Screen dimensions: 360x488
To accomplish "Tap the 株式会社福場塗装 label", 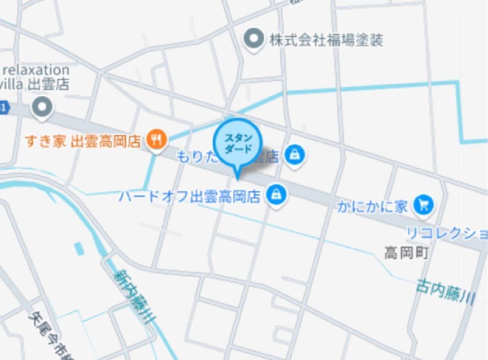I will click(x=326, y=40).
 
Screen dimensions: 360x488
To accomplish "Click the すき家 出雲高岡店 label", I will click(x=83, y=142).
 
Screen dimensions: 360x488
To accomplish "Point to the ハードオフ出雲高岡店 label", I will click(x=190, y=197).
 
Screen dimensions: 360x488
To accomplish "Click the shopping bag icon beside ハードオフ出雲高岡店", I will click(x=277, y=195).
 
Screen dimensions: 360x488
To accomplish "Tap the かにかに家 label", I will click(x=372, y=207).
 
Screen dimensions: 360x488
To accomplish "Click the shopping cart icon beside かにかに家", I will click(x=423, y=205).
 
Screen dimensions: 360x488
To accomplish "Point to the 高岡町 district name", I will click(x=406, y=253).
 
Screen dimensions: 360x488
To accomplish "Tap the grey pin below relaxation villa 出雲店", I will click(x=43, y=108).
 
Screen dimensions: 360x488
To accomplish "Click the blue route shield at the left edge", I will click(x=4, y=108).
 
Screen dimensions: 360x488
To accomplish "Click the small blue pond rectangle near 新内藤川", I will click(x=80, y=249).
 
